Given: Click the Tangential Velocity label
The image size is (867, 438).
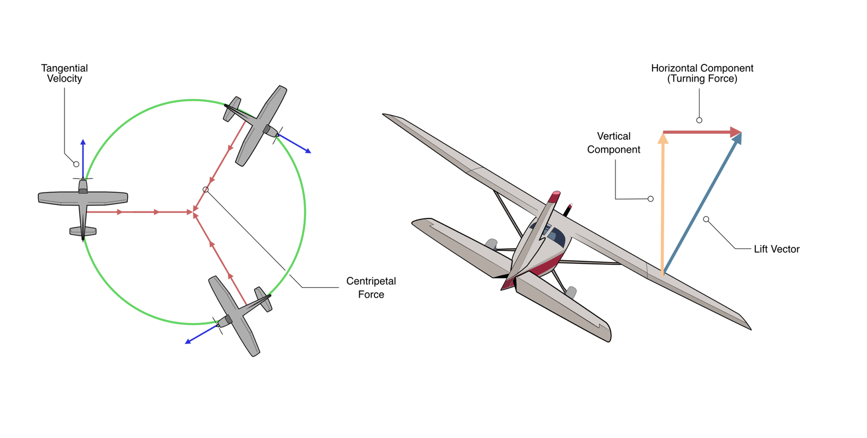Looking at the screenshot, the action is (x=64, y=73).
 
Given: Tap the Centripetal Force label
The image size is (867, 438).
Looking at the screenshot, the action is (x=371, y=287).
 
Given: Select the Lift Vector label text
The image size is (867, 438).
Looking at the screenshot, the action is (x=777, y=249).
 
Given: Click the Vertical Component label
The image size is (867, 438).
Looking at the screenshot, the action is (x=613, y=143).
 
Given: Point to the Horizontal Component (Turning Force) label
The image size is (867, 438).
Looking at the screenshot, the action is (x=702, y=73).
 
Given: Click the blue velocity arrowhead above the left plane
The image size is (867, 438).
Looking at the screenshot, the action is (x=83, y=142).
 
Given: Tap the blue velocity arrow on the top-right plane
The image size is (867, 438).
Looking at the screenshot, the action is (x=294, y=143).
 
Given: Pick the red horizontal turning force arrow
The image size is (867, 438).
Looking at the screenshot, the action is (x=702, y=132).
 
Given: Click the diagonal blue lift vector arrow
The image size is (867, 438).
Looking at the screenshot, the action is (x=702, y=204).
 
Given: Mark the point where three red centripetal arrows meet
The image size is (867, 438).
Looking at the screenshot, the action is (x=193, y=212).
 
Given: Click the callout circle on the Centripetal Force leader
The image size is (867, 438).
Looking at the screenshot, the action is (x=205, y=190).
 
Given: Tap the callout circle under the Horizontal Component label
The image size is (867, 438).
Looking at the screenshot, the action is (x=699, y=120).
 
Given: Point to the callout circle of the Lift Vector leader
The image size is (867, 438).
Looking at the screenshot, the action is (x=706, y=219).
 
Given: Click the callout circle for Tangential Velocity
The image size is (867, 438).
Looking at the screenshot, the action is (x=76, y=164).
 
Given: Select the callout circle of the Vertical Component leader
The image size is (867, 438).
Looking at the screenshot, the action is (x=651, y=198).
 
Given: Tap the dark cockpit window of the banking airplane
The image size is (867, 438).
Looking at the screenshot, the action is (x=556, y=237).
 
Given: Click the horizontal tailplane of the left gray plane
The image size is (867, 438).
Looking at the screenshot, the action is (x=83, y=231).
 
